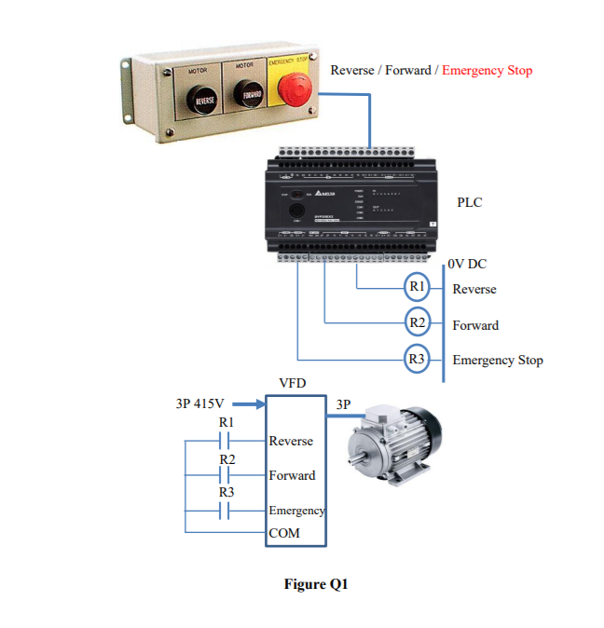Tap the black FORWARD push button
pos(251,96)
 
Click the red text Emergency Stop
pos(487,70)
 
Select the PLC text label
pos(470,202)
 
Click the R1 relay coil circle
pos(418,287)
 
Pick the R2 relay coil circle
pos(418,323)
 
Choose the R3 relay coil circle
pos(418,359)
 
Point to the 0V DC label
pos(467,265)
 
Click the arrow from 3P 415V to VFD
pos(248,404)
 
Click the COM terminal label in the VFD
pos(284,533)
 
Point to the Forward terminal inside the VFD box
pos(292,475)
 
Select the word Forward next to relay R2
pos(475,325)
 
